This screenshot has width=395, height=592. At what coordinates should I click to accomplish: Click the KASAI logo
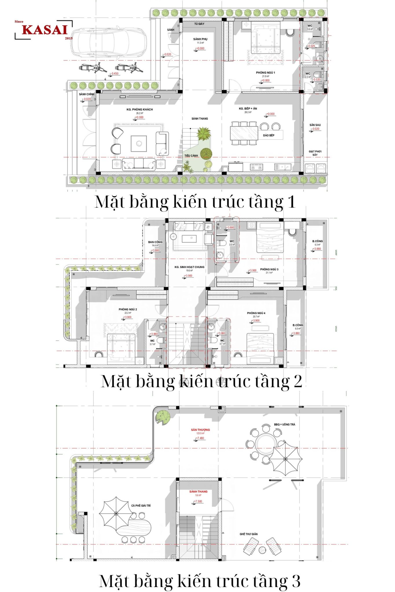(x=44, y=30)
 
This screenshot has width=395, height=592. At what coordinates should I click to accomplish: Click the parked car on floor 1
(x=109, y=42)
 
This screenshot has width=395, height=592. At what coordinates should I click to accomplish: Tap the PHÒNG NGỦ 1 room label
(x=265, y=73)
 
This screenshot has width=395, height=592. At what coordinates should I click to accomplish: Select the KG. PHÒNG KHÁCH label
(x=139, y=109)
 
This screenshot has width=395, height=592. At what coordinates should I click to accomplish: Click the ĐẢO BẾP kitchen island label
(x=269, y=135)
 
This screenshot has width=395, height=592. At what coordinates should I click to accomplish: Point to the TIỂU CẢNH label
(x=191, y=156)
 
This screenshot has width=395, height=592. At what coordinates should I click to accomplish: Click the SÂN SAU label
(x=315, y=125)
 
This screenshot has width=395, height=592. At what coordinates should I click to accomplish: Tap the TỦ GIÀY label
(x=199, y=24)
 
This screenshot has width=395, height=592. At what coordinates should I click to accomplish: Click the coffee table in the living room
(x=139, y=143)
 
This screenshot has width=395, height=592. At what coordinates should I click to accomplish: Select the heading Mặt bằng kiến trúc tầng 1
(x=195, y=201)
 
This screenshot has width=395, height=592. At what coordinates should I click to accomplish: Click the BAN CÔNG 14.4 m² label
(x=155, y=242)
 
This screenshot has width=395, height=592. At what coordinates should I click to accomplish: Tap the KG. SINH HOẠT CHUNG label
(x=189, y=267)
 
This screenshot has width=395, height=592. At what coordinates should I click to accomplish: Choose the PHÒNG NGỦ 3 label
(x=269, y=269)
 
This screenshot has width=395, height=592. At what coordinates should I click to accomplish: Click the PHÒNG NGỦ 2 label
(x=128, y=309)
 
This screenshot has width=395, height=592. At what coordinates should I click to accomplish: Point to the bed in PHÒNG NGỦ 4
(x=260, y=348)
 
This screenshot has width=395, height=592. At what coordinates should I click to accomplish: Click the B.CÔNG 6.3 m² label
(x=317, y=241)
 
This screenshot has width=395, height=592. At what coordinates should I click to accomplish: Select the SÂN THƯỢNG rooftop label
(x=200, y=430)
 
